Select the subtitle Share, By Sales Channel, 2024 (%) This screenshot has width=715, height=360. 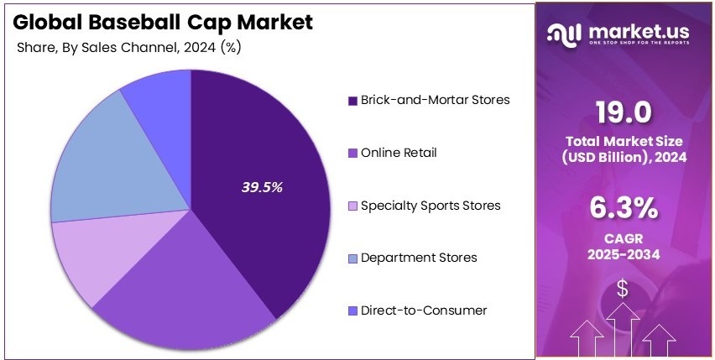(x=129, y=47)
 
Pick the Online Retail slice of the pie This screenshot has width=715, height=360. (x=185, y=285)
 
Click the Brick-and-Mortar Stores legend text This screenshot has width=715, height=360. (x=435, y=100)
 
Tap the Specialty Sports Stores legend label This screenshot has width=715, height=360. (x=431, y=205)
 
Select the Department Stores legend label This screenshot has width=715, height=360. (x=419, y=258)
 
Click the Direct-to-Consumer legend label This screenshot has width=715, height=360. (x=423, y=310)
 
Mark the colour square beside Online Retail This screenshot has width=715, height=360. (x=352, y=154)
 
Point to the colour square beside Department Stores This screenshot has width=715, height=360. (x=352, y=258)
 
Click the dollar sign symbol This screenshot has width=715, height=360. (x=623, y=289)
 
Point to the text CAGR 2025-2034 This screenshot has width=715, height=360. (x=623, y=243)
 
